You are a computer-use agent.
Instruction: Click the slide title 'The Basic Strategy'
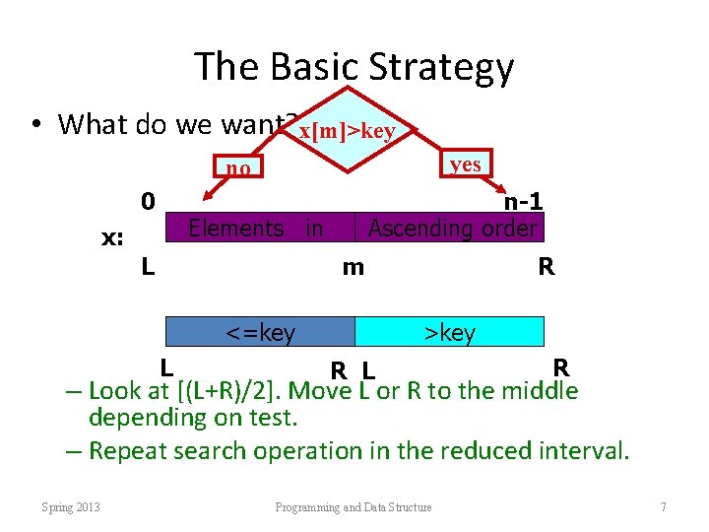tap(354, 67)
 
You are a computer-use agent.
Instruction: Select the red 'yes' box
tap(465, 164)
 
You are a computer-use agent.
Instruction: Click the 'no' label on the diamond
tap(237, 168)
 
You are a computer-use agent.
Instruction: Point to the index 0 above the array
tap(147, 202)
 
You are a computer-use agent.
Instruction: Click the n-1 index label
tap(523, 202)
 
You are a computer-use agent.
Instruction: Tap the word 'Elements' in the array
tap(235, 229)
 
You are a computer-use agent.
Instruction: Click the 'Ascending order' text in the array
tap(452, 229)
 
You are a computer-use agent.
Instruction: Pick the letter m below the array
tap(353, 267)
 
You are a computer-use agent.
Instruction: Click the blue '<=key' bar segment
tap(260, 333)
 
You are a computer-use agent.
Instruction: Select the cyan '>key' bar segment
tap(449, 333)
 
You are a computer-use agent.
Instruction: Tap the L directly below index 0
tap(147, 266)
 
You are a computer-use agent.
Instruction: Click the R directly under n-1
tap(545, 266)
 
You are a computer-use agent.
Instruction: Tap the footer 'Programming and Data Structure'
tap(354, 507)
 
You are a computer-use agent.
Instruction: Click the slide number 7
tap(664, 507)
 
